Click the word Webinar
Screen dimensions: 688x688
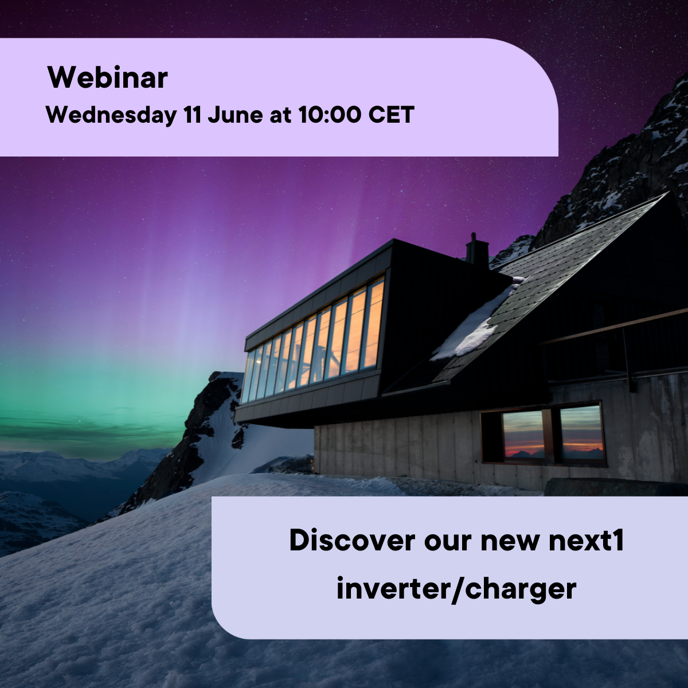tap(107, 77)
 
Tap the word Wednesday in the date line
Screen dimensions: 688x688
tap(111, 115)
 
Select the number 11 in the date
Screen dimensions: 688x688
tap(193, 115)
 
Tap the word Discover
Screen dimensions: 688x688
tap(352, 541)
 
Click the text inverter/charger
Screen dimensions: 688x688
tap(456, 589)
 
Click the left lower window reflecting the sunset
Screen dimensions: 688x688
tap(523, 434)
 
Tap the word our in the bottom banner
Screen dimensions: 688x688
tap(448, 544)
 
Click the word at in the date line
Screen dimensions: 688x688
tap(280, 116)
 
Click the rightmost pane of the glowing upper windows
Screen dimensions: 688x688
tap(374, 325)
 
